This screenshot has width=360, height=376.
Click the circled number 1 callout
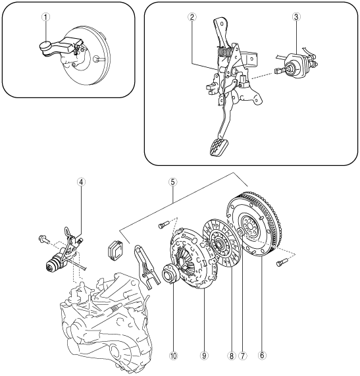(45, 17)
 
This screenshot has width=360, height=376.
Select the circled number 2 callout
(192, 16)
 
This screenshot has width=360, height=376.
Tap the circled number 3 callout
(296, 16)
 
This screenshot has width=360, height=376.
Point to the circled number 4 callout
(81, 182)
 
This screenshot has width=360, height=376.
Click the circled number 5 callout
(173, 182)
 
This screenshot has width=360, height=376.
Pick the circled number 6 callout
(262, 356)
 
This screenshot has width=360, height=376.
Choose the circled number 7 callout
(243, 356)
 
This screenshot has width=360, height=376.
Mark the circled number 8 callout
(231, 356)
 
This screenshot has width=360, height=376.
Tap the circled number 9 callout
(204, 356)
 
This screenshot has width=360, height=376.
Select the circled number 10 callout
(173, 356)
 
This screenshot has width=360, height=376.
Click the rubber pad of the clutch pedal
(219, 148)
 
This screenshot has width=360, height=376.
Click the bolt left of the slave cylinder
(43, 238)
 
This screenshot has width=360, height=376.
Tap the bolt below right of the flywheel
(281, 262)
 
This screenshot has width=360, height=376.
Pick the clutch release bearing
(170, 274)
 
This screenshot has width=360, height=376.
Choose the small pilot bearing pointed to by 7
(240, 232)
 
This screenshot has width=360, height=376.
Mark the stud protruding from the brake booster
(99, 59)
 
